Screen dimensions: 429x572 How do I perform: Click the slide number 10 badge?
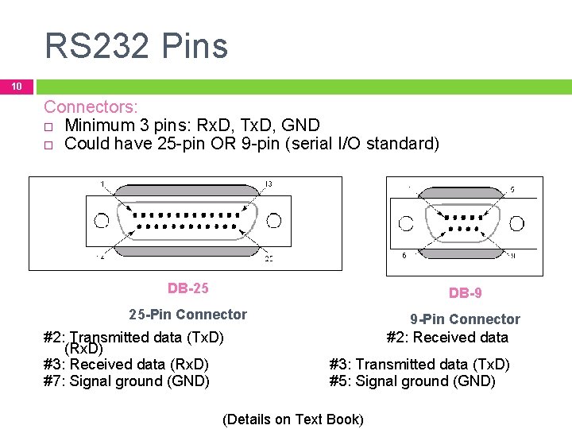17,86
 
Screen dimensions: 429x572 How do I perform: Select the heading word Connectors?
91,106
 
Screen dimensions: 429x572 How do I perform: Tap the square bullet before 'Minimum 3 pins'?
48,126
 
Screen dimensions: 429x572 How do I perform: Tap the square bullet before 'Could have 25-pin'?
48,145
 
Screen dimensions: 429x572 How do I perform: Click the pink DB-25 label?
188,288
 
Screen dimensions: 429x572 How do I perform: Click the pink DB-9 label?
465,293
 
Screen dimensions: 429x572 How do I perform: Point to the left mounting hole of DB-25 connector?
101,219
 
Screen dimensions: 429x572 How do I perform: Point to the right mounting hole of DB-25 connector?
273,219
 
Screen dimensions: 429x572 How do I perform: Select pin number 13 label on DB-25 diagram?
269,184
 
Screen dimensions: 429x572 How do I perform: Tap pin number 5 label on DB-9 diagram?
512,190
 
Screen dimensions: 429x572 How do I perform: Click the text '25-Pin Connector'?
188,315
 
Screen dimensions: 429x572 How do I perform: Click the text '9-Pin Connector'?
465,319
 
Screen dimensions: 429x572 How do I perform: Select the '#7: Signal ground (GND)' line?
126,381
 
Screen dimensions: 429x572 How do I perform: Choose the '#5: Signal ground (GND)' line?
412,381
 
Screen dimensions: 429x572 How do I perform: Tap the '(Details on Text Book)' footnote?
293,419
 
